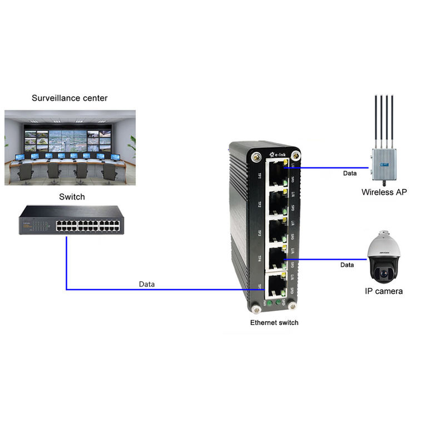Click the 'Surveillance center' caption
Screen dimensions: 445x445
pyautogui.click(x=70, y=98)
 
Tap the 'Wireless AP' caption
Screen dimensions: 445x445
pyautogui.click(x=384, y=192)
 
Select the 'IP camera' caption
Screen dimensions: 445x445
pyautogui.click(x=384, y=291)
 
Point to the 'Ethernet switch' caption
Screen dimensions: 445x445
pyautogui.click(x=274, y=322)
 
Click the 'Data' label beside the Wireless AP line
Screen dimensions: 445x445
pyautogui.click(x=350, y=174)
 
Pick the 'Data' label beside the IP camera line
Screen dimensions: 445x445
pyautogui.click(x=347, y=265)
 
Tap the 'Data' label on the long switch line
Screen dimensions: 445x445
pyautogui.click(x=147, y=284)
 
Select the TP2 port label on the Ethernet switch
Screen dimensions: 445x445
pyautogui.click(x=259, y=204)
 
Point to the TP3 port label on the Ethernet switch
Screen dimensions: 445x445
pyautogui.click(x=259, y=233)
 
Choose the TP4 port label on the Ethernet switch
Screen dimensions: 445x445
pyautogui.click(x=259, y=259)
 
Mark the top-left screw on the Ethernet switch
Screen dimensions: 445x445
pyautogui.click(x=256, y=157)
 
